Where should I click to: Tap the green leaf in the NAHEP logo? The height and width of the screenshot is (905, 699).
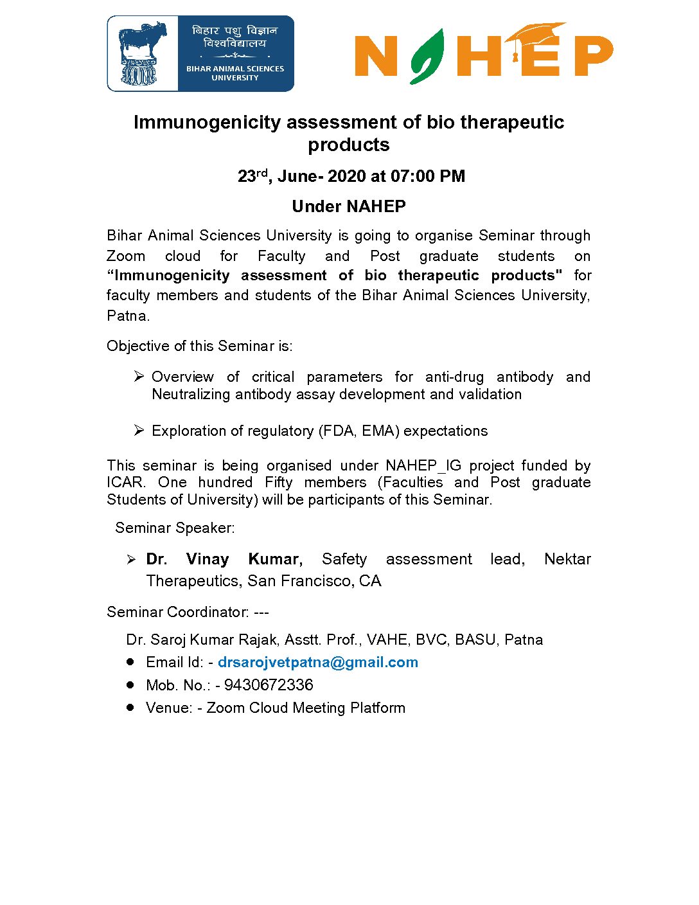pyautogui.click(x=427, y=57)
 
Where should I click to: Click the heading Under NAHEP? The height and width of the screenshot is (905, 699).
pyautogui.click(x=349, y=206)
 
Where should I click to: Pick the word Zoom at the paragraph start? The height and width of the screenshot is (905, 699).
pyautogui.click(x=126, y=256)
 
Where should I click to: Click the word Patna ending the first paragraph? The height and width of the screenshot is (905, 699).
pyautogui.click(x=127, y=316)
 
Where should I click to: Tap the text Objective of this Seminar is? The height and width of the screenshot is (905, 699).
pyautogui.click(x=200, y=346)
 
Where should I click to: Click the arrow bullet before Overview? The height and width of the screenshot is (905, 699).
pyautogui.click(x=139, y=376)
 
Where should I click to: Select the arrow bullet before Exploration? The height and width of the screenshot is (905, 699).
pyautogui.click(x=139, y=430)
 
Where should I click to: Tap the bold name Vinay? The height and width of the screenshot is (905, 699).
pyautogui.click(x=208, y=559)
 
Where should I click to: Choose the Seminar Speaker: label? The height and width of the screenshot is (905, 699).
pyautogui.click(x=175, y=528)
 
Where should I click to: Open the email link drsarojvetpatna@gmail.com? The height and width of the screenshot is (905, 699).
pyautogui.click(x=318, y=662)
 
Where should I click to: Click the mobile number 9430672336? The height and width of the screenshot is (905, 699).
pyautogui.click(x=269, y=685)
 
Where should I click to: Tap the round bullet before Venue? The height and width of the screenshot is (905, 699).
pyautogui.click(x=130, y=707)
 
